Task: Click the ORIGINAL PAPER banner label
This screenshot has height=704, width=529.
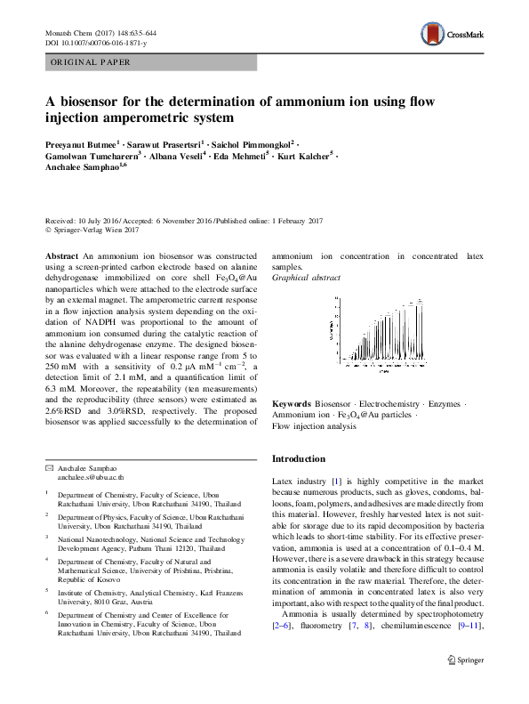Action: pyautogui.click(x=91, y=63)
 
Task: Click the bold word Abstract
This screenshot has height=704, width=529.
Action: pyautogui.click(x=61, y=255)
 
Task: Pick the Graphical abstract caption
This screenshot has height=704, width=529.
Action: pyautogui.click(x=306, y=278)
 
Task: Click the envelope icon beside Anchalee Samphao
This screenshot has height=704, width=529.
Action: pyautogui.click(x=49, y=468)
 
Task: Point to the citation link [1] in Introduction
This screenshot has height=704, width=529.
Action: pyautogui.click(x=336, y=481)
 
